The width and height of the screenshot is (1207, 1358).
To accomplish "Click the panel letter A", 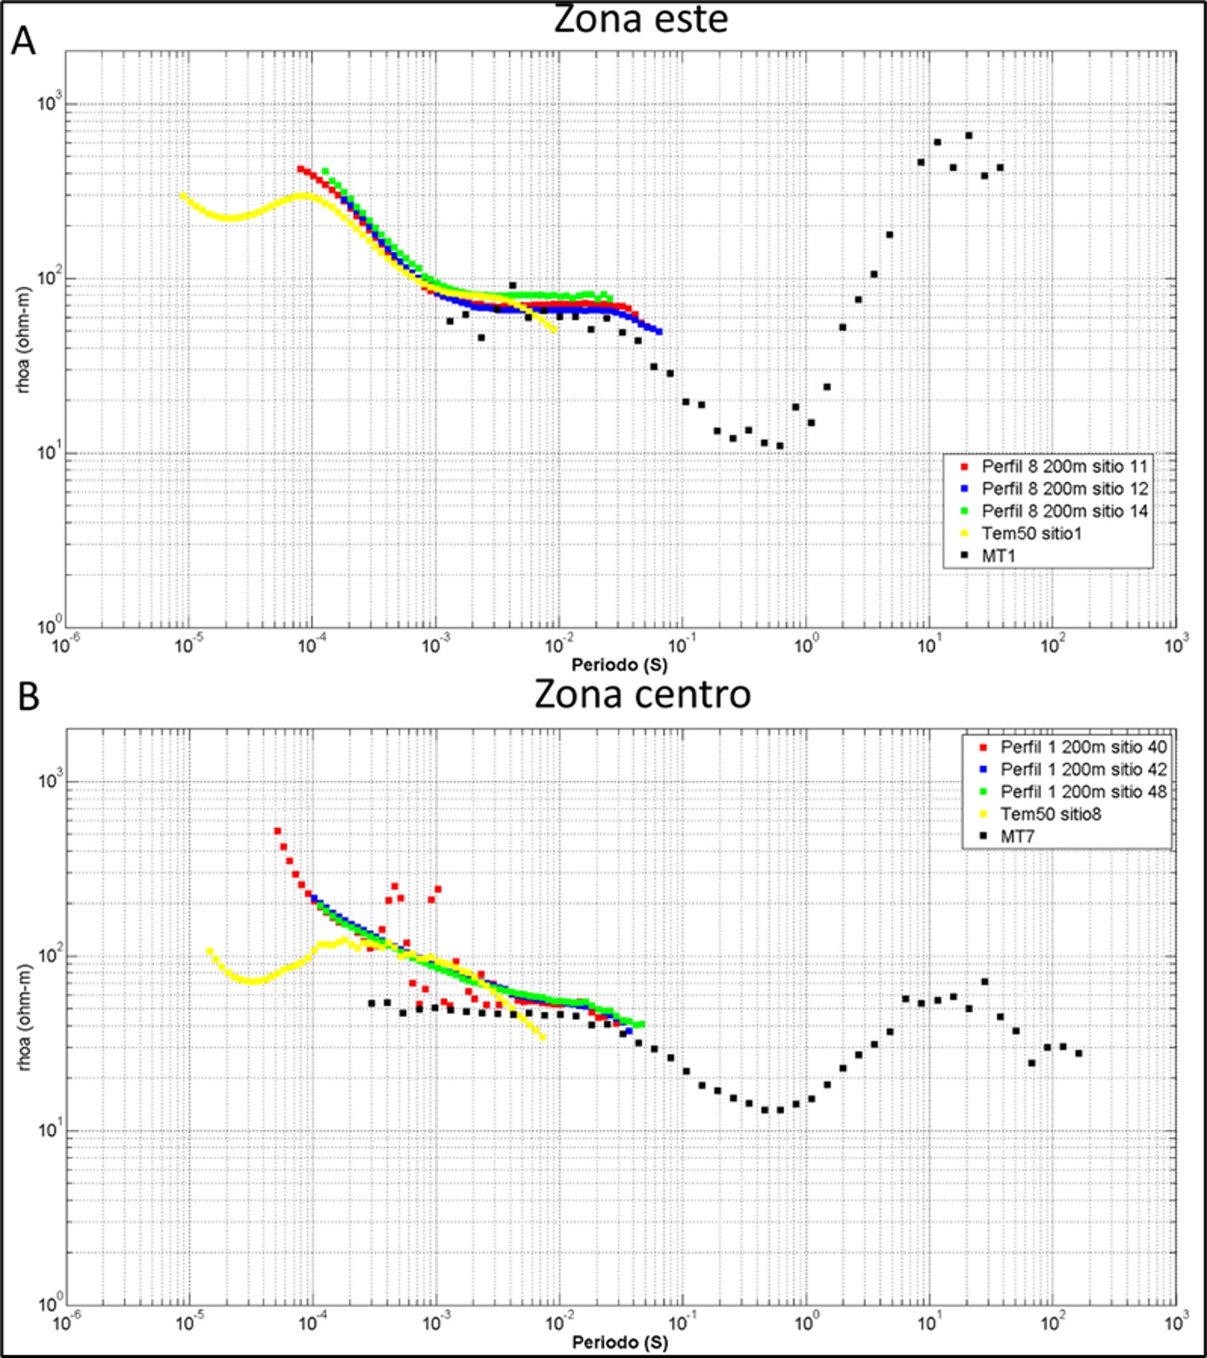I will [23, 41].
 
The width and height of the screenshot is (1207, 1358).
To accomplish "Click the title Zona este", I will [640, 19].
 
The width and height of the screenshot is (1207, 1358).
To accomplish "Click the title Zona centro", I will [642, 695].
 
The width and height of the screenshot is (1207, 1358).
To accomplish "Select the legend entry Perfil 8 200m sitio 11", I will [1064, 467].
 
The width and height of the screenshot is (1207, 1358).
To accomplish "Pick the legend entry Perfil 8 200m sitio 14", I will [1064, 511].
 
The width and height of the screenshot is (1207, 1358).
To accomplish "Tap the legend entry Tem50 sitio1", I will [1031, 534].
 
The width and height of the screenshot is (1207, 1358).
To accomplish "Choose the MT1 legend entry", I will [998, 556].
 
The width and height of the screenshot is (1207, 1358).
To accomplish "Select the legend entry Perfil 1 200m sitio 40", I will [1083, 747].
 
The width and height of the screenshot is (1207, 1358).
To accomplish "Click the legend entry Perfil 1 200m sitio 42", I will [1083, 770].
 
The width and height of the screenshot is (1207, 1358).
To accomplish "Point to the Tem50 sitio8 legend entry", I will [1050, 814].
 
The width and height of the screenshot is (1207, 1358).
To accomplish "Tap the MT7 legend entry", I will [1017, 837].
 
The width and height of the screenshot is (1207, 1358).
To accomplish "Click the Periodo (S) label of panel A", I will [619, 665].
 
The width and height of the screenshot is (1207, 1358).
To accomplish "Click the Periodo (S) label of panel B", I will [619, 1342].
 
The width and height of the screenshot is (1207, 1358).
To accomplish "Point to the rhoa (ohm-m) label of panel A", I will [24, 339].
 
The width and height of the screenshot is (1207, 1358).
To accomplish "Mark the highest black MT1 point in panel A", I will [968, 135].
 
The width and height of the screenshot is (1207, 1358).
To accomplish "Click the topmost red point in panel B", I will [278, 831].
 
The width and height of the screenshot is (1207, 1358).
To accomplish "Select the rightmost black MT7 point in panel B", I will [1078, 1054].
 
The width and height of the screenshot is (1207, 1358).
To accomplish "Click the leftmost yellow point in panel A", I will [183, 196].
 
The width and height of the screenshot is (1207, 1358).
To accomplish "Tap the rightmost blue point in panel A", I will [659, 332].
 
